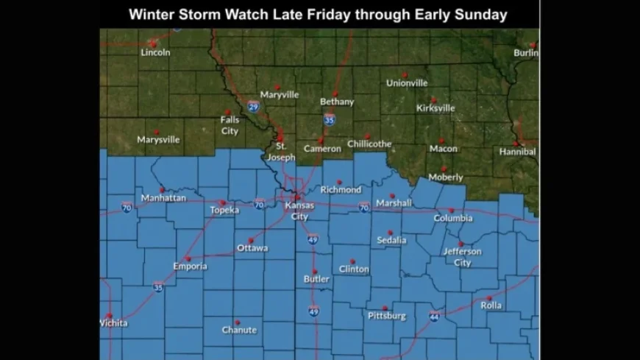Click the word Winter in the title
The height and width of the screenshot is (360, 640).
point(150,15)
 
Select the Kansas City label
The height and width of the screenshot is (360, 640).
point(299,211)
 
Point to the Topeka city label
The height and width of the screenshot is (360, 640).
point(224,211)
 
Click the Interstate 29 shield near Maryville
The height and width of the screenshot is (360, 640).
point(253,107)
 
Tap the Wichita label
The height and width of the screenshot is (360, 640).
point(113,323)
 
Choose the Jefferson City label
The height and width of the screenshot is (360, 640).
point(462,257)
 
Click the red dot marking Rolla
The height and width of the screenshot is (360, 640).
point(489,298)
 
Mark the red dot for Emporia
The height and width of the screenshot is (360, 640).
point(188,258)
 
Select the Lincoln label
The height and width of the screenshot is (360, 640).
point(155,52)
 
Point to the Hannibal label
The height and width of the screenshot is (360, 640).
point(517,152)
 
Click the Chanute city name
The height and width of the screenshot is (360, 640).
point(239,331)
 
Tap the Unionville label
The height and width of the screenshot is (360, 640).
point(407,83)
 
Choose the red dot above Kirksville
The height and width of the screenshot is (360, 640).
point(434,99)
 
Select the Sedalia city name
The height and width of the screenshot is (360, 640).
point(391,241)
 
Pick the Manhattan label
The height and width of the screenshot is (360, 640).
point(163,198)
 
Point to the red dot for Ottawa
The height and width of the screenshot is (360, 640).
point(251,240)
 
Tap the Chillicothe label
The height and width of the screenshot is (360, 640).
point(369,144)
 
